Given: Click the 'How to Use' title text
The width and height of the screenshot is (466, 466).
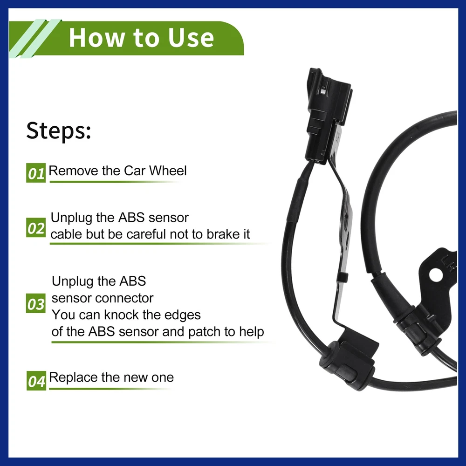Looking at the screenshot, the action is point(142,38).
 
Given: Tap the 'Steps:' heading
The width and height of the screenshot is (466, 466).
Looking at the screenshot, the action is point(59,130).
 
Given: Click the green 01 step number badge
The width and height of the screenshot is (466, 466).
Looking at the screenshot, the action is point(36,173).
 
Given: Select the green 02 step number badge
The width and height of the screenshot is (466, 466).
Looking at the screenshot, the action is point(36,228).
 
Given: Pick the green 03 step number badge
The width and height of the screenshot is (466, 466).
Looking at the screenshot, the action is point(36,303).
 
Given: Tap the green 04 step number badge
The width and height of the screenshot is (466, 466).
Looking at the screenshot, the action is point(36,381).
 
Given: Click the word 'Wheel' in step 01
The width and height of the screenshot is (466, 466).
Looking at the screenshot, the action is point(168,171).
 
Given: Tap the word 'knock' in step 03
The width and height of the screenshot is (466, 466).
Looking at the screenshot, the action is point(122,315).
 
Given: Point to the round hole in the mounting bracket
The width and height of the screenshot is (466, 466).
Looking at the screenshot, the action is point(436,275).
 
